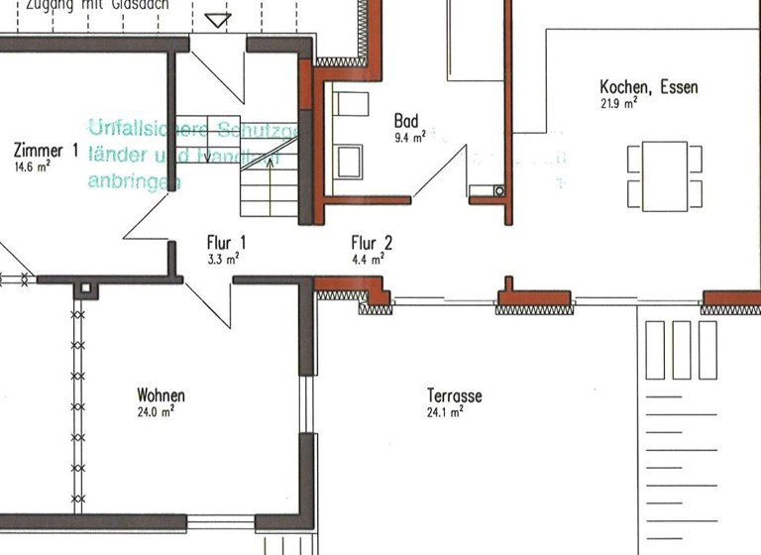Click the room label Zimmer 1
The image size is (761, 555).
click(x=46, y=151)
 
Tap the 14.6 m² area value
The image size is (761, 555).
click(x=32, y=167)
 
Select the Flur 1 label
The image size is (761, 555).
click(x=226, y=242)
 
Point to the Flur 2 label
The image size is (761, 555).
click(x=373, y=242)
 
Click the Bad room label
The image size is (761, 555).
click(x=406, y=121)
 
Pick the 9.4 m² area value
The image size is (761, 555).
click(x=409, y=138)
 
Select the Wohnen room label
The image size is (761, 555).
click(x=161, y=395)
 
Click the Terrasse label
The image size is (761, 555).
click(x=455, y=396)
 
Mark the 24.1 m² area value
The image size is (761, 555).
click(x=445, y=412)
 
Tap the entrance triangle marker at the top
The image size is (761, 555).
click(x=217, y=20)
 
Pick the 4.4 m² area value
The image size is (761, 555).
click(x=368, y=259)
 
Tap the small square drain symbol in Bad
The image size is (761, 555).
click(x=498, y=190)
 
